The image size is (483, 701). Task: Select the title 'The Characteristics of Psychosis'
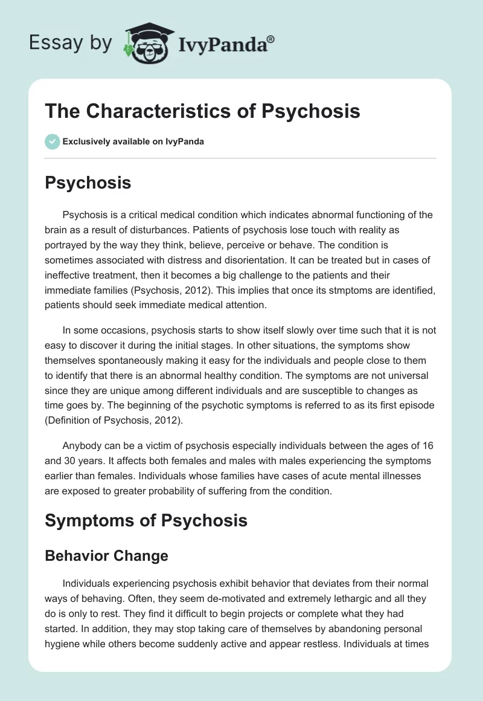tap(203, 111)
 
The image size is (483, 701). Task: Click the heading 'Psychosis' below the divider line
tap(88, 183)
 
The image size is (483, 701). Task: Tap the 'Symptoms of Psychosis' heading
tap(146, 520)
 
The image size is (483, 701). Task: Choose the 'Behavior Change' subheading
tap(106, 556)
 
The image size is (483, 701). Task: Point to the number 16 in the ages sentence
tap(426, 447)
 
